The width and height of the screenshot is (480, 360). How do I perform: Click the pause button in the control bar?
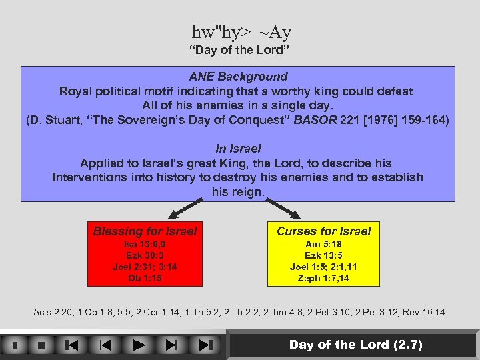15,345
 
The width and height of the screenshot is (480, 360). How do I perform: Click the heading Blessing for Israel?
145,231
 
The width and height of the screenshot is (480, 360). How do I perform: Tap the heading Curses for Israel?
323,231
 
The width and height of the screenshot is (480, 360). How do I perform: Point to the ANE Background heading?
238,77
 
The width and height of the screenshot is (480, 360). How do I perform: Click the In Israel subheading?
238,149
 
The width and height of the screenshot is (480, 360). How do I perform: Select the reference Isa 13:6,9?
145,244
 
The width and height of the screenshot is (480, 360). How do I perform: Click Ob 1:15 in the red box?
145,278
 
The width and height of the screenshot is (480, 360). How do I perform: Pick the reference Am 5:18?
323,244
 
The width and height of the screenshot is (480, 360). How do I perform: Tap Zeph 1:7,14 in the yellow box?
323,278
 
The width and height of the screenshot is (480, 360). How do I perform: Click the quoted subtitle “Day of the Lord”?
239,51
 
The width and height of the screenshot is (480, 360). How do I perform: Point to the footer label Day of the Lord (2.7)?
355,345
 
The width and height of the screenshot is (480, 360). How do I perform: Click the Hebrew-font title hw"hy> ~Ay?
241,32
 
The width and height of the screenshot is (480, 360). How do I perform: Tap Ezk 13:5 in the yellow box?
323,255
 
